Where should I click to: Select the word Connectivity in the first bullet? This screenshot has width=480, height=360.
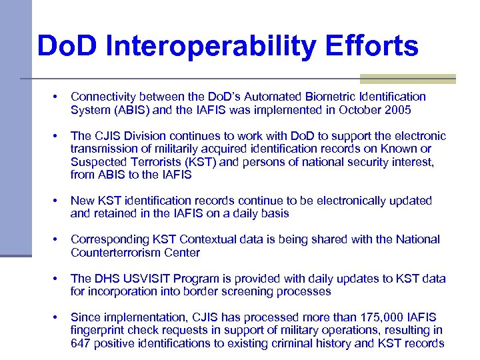(x=102, y=97)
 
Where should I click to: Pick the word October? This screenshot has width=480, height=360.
(x=354, y=110)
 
